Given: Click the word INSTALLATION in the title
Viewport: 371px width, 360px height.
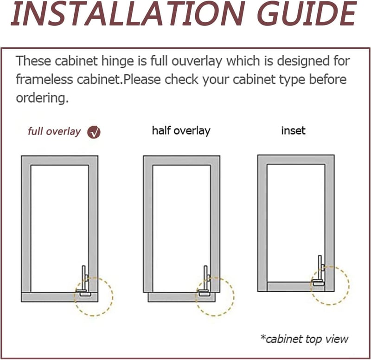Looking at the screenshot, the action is click(x=128, y=13).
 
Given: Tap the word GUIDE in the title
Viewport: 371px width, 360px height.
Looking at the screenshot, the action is click(x=307, y=13).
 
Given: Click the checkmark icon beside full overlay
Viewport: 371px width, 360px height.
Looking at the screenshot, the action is click(x=94, y=132).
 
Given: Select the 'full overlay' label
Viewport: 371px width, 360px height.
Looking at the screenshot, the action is click(x=54, y=131).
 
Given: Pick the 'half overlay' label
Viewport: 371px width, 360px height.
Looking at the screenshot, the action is click(x=181, y=131).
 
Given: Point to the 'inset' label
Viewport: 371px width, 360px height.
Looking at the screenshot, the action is click(x=293, y=130).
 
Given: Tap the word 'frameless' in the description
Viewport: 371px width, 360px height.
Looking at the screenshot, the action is click(x=44, y=79).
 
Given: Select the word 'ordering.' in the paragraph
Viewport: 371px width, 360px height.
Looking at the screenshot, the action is click(x=42, y=98).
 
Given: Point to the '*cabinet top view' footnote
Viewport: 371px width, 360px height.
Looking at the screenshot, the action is click(x=304, y=339).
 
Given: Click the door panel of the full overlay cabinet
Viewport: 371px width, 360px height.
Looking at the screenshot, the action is click(x=60, y=297).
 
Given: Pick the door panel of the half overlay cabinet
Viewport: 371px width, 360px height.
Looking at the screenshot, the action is click(x=182, y=297).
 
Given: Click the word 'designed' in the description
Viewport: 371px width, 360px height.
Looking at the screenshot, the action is click(x=304, y=61).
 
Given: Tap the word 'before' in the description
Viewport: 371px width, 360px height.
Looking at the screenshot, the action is click(x=328, y=79).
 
